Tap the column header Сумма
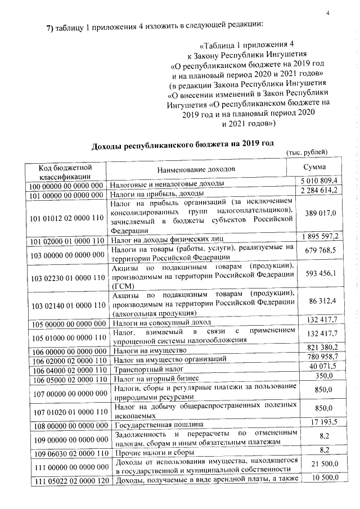pyautogui.click(x=314, y=167)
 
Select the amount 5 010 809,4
pyautogui.click(x=319, y=181)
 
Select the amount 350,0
pyautogui.click(x=323, y=376)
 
